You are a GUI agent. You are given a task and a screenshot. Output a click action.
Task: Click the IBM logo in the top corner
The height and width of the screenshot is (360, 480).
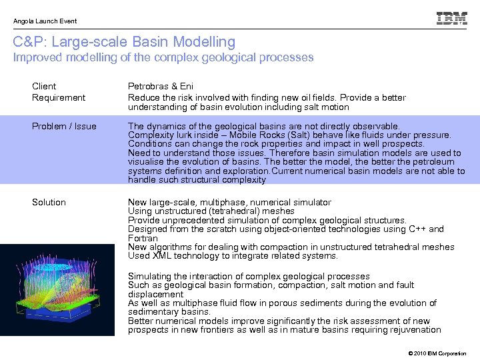pyautogui.click(x=451, y=19)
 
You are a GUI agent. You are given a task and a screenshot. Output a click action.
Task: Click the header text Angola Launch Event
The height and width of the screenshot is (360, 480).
pyautogui.click(x=45, y=21)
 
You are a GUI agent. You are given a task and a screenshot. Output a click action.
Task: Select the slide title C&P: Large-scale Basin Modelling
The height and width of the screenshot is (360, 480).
pyautogui.click(x=124, y=42)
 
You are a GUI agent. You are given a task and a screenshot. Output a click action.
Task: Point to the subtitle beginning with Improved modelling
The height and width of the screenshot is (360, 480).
pyautogui.click(x=163, y=57)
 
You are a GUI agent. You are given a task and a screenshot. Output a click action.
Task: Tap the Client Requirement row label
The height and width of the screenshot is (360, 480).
pyautogui.click(x=59, y=92)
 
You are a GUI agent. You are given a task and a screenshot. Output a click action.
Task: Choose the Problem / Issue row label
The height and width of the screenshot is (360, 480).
pyautogui.click(x=64, y=126)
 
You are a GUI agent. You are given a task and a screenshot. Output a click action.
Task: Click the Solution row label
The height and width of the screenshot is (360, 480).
pyautogui.click(x=49, y=202)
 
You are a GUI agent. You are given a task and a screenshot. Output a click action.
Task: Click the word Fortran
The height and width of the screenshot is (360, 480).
pyautogui.click(x=143, y=238)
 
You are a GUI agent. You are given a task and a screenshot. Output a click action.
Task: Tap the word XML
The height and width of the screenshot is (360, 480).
pyautogui.click(x=163, y=255)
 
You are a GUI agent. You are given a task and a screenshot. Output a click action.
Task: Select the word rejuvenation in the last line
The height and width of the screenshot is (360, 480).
pyautogui.click(x=413, y=329)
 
